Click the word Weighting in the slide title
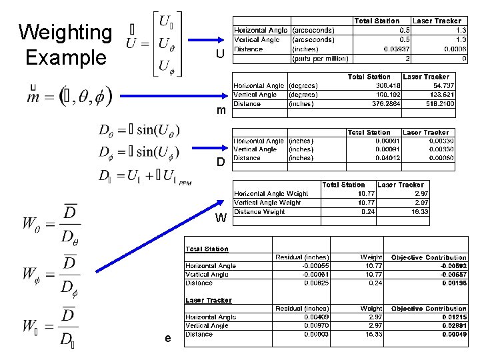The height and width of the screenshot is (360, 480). (65, 31)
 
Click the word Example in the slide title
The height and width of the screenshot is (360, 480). (65, 57)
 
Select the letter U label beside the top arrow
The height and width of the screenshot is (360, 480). (219, 53)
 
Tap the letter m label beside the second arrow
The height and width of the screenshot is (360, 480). (219, 110)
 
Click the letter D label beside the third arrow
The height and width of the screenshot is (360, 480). (219, 162)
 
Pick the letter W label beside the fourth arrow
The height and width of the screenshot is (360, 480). (221, 218)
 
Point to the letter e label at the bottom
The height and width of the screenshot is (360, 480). (167, 339)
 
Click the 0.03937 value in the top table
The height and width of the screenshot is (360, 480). (397, 49)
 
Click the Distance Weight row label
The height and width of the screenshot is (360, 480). (259, 212)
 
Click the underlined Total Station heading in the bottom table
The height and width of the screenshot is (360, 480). (207, 249)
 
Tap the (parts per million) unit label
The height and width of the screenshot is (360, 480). (321, 58)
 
